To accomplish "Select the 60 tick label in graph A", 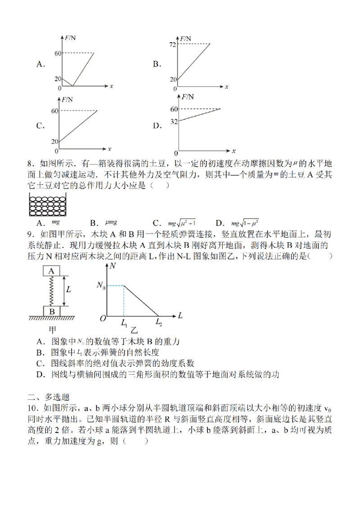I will point(57,53).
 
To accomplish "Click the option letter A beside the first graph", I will point(40,64).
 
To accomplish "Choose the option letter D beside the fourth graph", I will point(157,126).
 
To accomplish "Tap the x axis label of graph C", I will point(110,148).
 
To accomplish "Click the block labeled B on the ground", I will point(51,311).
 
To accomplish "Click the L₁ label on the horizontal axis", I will point(124,323).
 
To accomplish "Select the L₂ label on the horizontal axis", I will point(159,322).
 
